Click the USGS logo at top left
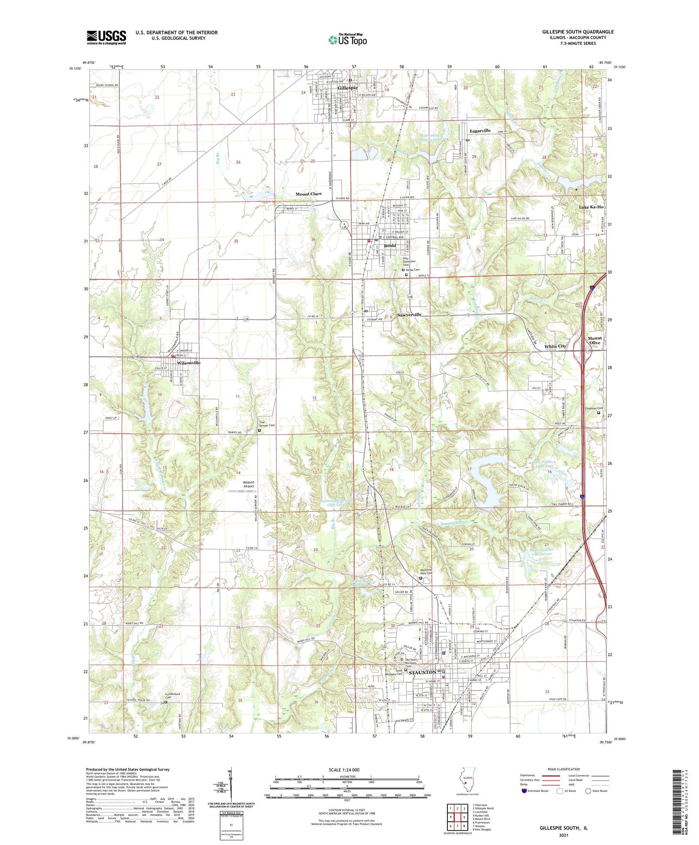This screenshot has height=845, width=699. pyautogui.click(x=106, y=37)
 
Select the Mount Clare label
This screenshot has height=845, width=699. pyautogui.click(x=308, y=194)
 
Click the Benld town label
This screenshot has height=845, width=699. pyautogui.click(x=390, y=246)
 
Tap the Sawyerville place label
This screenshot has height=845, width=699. pyautogui.click(x=409, y=315)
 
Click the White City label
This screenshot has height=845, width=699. pyautogui.click(x=555, y=346)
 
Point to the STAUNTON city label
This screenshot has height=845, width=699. pyautogui.click(x=422, y=672)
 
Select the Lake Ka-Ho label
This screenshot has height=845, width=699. pyautogui.click(x=591, y=207)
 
